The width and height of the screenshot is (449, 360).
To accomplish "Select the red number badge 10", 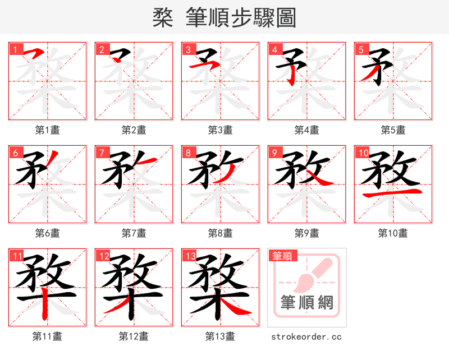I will click(x=363, y=152).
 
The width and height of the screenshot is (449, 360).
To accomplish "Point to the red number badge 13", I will click(x=190, y=255).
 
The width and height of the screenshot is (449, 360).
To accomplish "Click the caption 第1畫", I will click(x=47, y=130).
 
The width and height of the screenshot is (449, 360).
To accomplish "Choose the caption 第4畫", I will click(x=306, y=130).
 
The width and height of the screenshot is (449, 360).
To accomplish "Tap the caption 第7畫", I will click(x=134, y=233).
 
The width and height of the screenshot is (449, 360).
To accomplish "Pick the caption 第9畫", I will click(x=306, y=233).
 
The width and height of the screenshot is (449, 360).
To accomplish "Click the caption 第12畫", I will click(x=134, y=336).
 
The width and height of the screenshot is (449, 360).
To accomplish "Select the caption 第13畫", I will click(x=220, y=336).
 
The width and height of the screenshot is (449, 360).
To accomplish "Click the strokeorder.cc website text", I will click(x=306, y=337).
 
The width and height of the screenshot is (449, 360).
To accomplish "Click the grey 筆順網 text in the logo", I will click(x=306, y=303).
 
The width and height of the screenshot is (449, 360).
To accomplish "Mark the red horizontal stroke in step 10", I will click(x=393, y=194).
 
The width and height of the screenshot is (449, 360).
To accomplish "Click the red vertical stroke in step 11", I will click(x=48, y=303).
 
